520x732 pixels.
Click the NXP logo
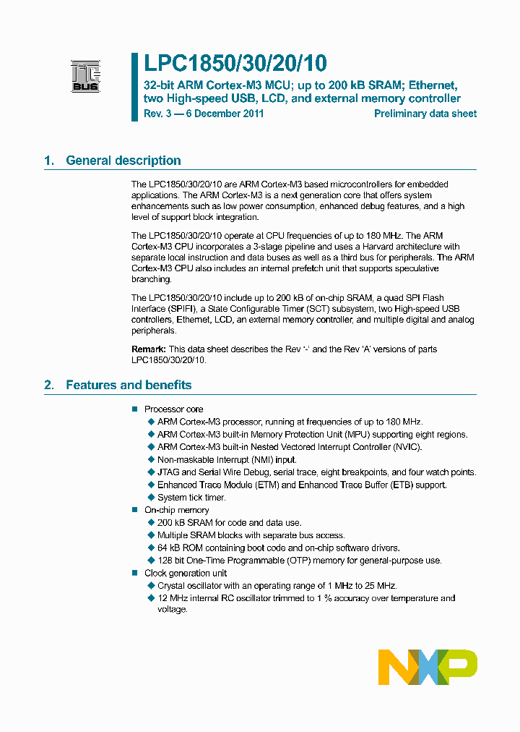[x=428, y=667]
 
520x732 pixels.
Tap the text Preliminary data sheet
[x=425, y=114]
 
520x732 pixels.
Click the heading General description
[x=123, y=161]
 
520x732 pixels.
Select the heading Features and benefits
[x=129, y=385]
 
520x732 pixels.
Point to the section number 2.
[x=48, y=385]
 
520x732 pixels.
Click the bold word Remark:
[x=149, y=349]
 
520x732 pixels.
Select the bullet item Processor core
[x=173, y=409]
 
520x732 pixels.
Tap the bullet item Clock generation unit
[x=185, y=573]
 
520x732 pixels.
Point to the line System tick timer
[x=191, y=498]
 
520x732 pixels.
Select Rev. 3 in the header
[x=154, y=114]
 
